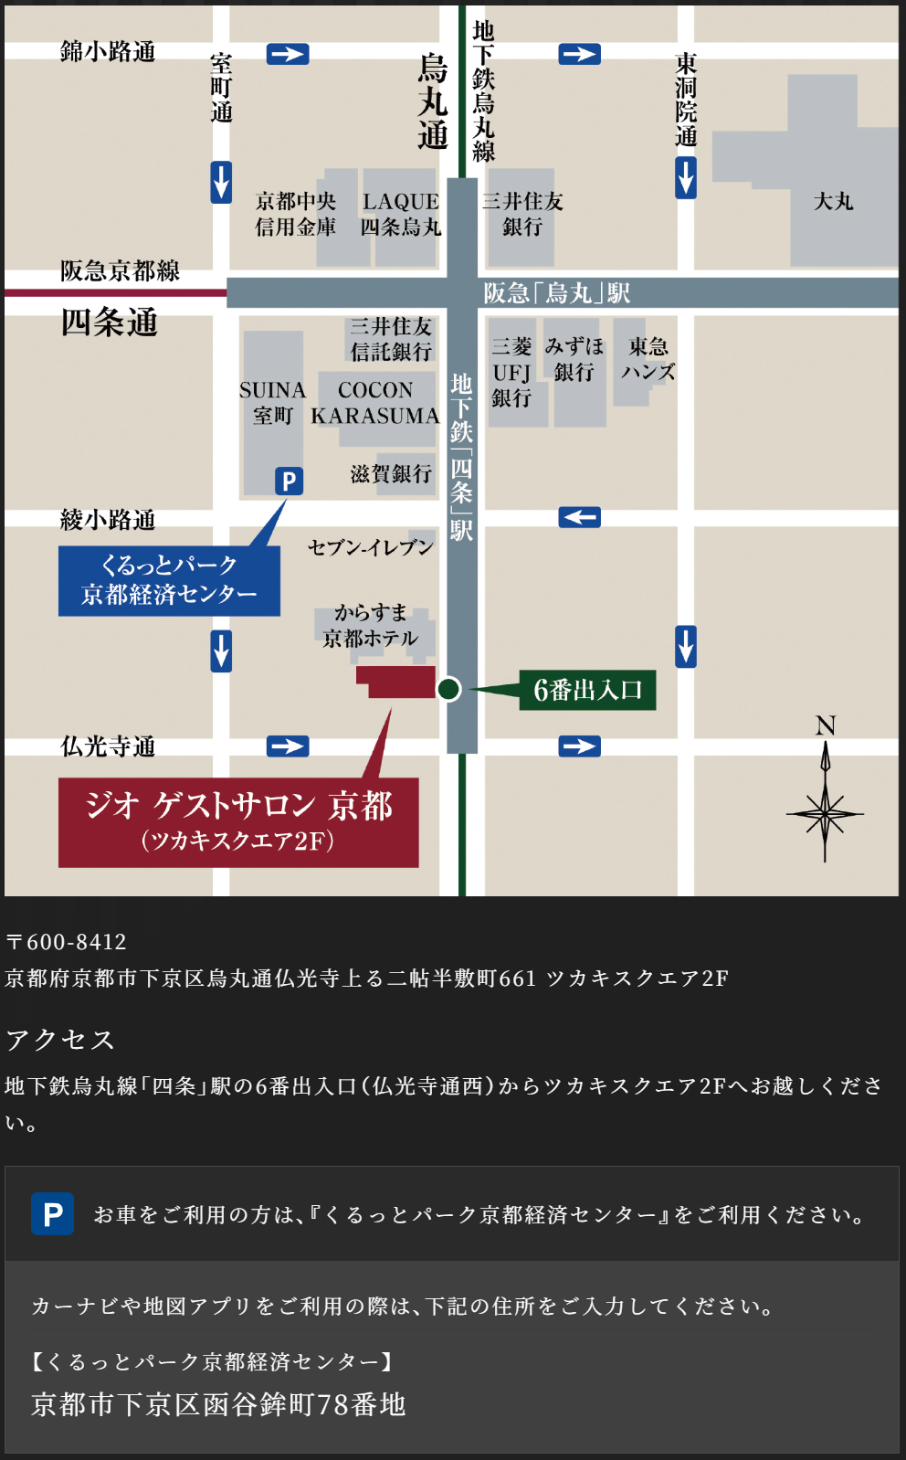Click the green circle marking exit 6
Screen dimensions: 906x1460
(x=448, y=689)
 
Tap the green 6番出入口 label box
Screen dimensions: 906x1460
(x=587, y=690)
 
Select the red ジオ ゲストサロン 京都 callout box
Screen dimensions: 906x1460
(x=238, y=821)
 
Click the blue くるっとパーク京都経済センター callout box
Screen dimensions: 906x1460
(x=169, y=580)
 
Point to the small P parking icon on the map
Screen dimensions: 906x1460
(x=289, y=481)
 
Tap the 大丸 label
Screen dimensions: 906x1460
(x=833, y=201)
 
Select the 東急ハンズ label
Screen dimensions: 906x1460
(x=648, y=359)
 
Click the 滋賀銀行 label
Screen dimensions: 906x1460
(x=391, y=473)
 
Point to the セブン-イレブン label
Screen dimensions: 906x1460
(x=370, y=547)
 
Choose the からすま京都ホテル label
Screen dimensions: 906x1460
(x=370, y=626)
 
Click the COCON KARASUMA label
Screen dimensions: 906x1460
(x=375, y=403)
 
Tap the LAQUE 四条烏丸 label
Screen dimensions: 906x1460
(x=400, y=214)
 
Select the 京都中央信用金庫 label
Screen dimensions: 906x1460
(x=295, y=214)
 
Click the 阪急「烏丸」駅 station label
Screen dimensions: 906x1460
(x=556, y=293)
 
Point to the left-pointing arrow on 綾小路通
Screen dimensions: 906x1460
(x=579, y=517)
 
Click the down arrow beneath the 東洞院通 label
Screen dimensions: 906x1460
(x=686, y=177)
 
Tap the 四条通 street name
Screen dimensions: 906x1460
(x=109, y=323)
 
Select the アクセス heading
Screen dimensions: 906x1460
(x=60, y=1040)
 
